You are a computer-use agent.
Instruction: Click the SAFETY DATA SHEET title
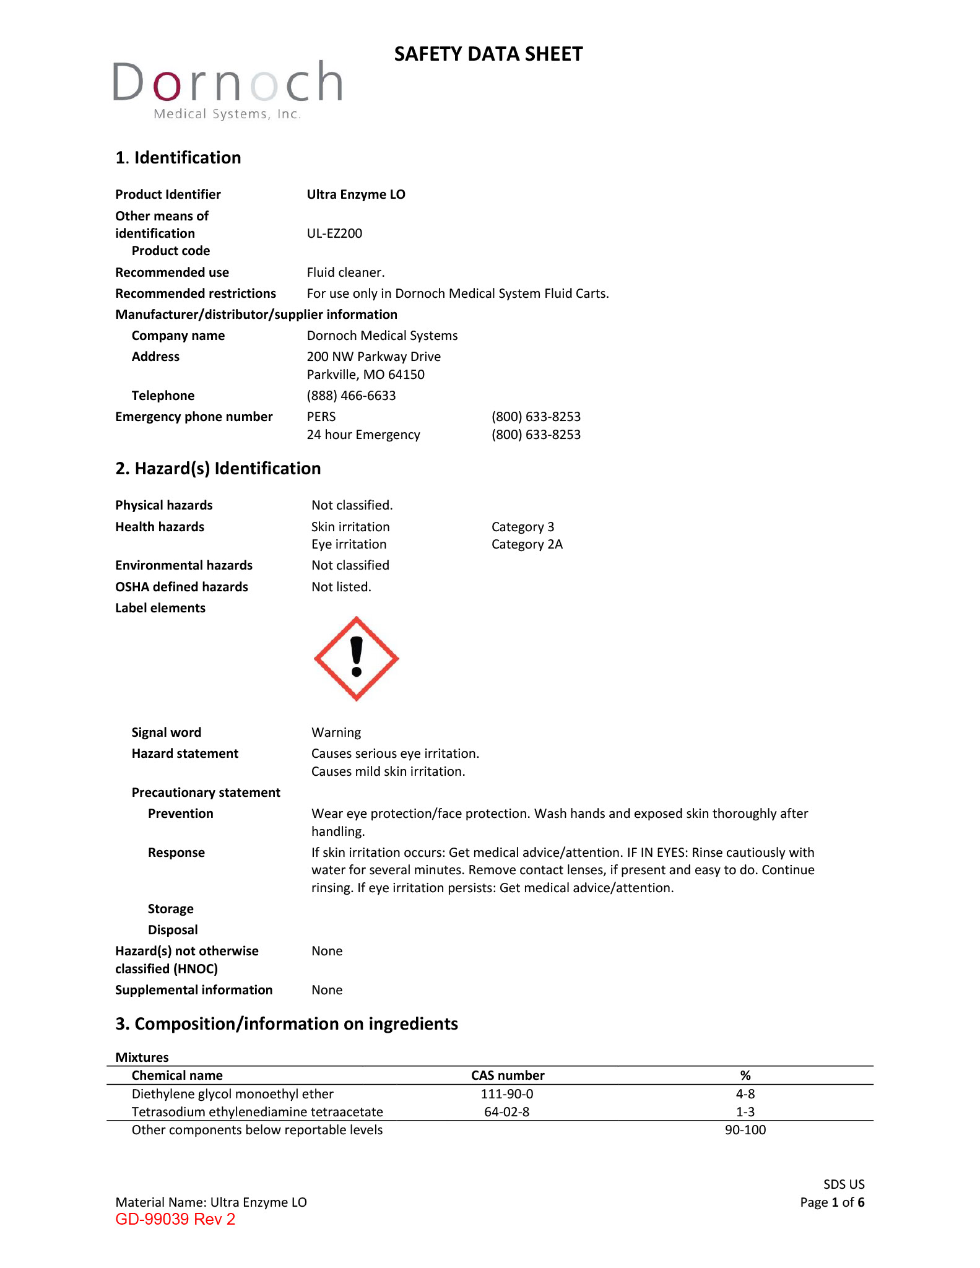488,54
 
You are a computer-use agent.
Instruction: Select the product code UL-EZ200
334,233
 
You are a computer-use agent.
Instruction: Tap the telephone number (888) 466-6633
351,396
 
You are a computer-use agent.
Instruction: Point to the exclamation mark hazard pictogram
356,659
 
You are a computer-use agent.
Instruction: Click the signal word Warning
336,732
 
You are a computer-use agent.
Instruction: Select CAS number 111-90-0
507,1094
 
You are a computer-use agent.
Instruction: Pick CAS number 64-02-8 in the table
506,1112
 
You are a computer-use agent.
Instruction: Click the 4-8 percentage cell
745,1094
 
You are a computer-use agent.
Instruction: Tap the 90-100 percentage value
745,1130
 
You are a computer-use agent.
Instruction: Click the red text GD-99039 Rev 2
175,1219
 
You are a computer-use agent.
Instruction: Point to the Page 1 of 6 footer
832,1202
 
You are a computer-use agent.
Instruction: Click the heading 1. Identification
178,158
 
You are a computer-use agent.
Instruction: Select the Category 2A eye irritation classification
527,544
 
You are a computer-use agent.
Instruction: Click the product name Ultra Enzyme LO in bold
356,194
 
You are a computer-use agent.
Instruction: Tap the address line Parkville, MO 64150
365,375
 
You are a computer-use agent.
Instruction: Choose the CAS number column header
508,1075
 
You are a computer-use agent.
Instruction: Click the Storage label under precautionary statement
170,909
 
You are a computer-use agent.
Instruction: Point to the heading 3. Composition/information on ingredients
287,1024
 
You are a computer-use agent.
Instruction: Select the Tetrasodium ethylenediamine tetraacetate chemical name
257,1112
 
